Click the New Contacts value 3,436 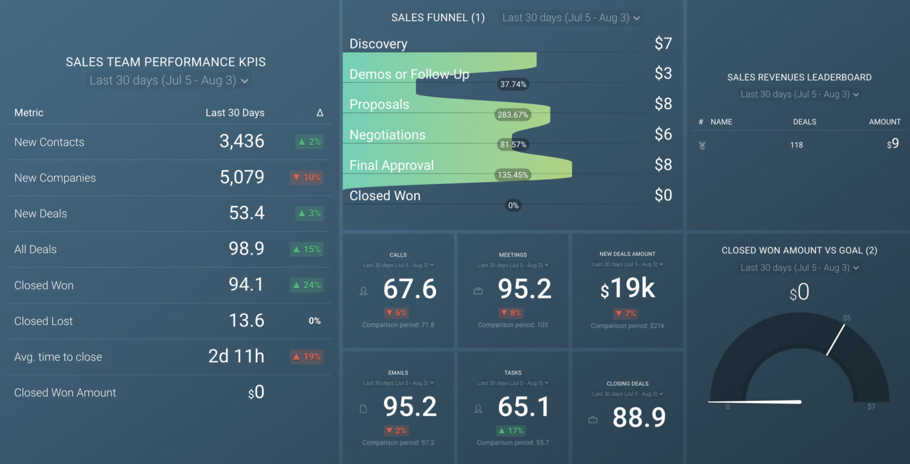point(242,141)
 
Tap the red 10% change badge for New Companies point(307,178)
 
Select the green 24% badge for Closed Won point(307,285)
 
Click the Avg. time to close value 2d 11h point(236,356)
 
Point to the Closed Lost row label point(43,321)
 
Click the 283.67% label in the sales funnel point(512,115)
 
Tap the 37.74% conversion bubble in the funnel point(513,85)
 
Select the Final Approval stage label point(392,165)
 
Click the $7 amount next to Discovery point(663,43)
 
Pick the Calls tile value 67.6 point(409,289)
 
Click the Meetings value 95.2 point(524,289)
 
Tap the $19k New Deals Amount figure point(627,289)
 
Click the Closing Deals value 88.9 point(639,417)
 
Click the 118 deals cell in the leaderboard point(796,145)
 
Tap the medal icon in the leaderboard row point(702,145)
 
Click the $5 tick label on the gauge point(847,318)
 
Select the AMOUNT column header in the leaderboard point(885,122)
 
